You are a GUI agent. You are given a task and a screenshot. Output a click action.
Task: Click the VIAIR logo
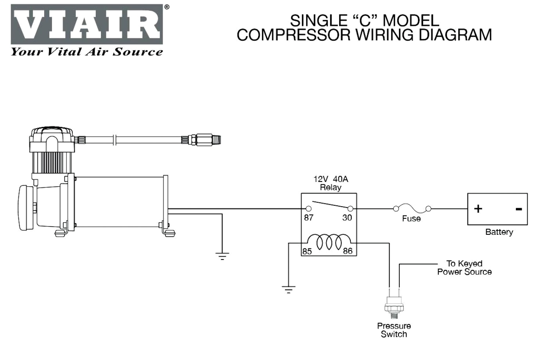click(x=86, y=24)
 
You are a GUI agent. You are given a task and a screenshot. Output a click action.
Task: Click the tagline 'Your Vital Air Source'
click(x=86, y=52)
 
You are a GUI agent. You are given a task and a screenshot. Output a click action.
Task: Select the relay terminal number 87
click(x=309, y=218)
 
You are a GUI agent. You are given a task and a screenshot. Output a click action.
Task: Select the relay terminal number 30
click(x=347, y=218)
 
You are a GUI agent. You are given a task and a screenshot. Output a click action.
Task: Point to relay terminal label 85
click(x=307, y=251)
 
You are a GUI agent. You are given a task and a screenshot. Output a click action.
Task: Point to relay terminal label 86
click(x=348, y=251)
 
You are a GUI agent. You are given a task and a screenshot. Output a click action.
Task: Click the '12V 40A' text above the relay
click(x=330, y=179)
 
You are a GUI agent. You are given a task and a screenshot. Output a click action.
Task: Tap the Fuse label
click(x=411, y=218)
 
